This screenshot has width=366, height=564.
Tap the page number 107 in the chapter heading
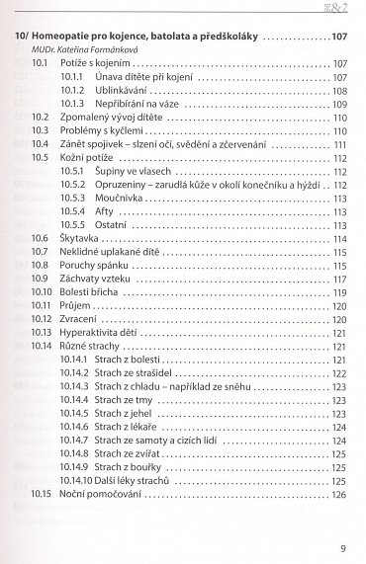(338, 36)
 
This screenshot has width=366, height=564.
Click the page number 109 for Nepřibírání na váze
(338, 103)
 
